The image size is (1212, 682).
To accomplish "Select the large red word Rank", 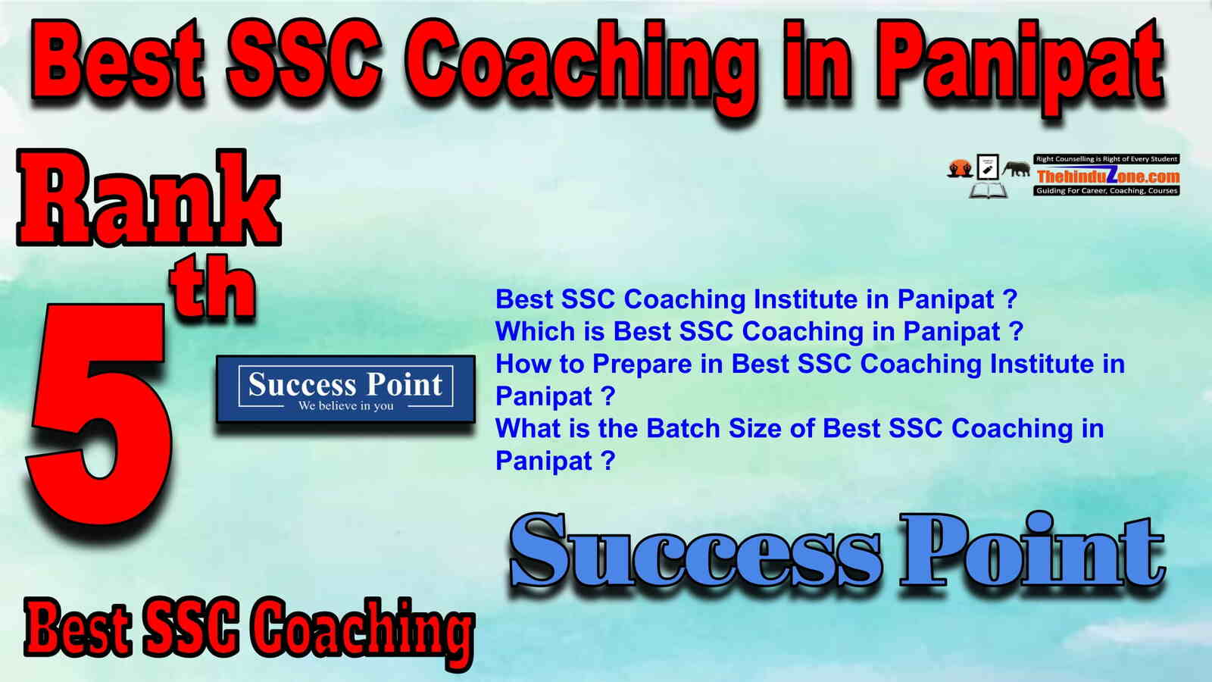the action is (x=149, y=198).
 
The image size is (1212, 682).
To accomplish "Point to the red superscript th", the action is (x=214, y=285).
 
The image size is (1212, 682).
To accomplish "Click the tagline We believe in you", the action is (x=345, y=406).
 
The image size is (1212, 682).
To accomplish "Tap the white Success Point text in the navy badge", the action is (x=345, y=384).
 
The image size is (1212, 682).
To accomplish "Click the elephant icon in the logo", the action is (x=1016, y=169).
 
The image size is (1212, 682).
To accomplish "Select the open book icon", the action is (x=988, y=190).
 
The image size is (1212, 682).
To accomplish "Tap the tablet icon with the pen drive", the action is (x=988, y=166).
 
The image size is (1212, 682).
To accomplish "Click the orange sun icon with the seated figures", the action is (x=960, y=168).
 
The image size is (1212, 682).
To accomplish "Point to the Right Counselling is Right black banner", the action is (x=1107, y=158).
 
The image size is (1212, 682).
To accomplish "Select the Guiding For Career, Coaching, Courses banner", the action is (x=1107, y=190).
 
